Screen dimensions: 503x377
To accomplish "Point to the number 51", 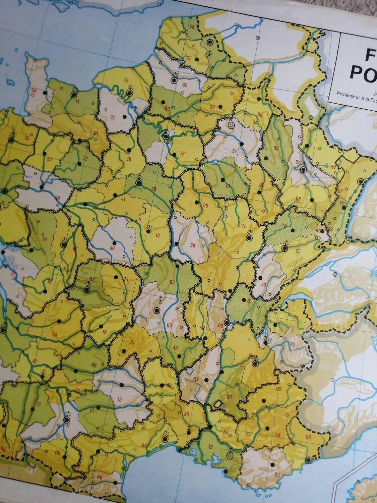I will (234, 151).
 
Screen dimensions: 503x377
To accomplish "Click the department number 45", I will (154, 189).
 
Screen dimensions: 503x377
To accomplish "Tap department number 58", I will (192, 245).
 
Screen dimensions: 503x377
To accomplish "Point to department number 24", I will (55, 334).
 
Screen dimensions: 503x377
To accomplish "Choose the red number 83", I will (277, 474).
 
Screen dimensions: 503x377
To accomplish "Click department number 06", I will (308, 437).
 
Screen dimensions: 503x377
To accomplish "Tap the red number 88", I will (298, 199).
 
